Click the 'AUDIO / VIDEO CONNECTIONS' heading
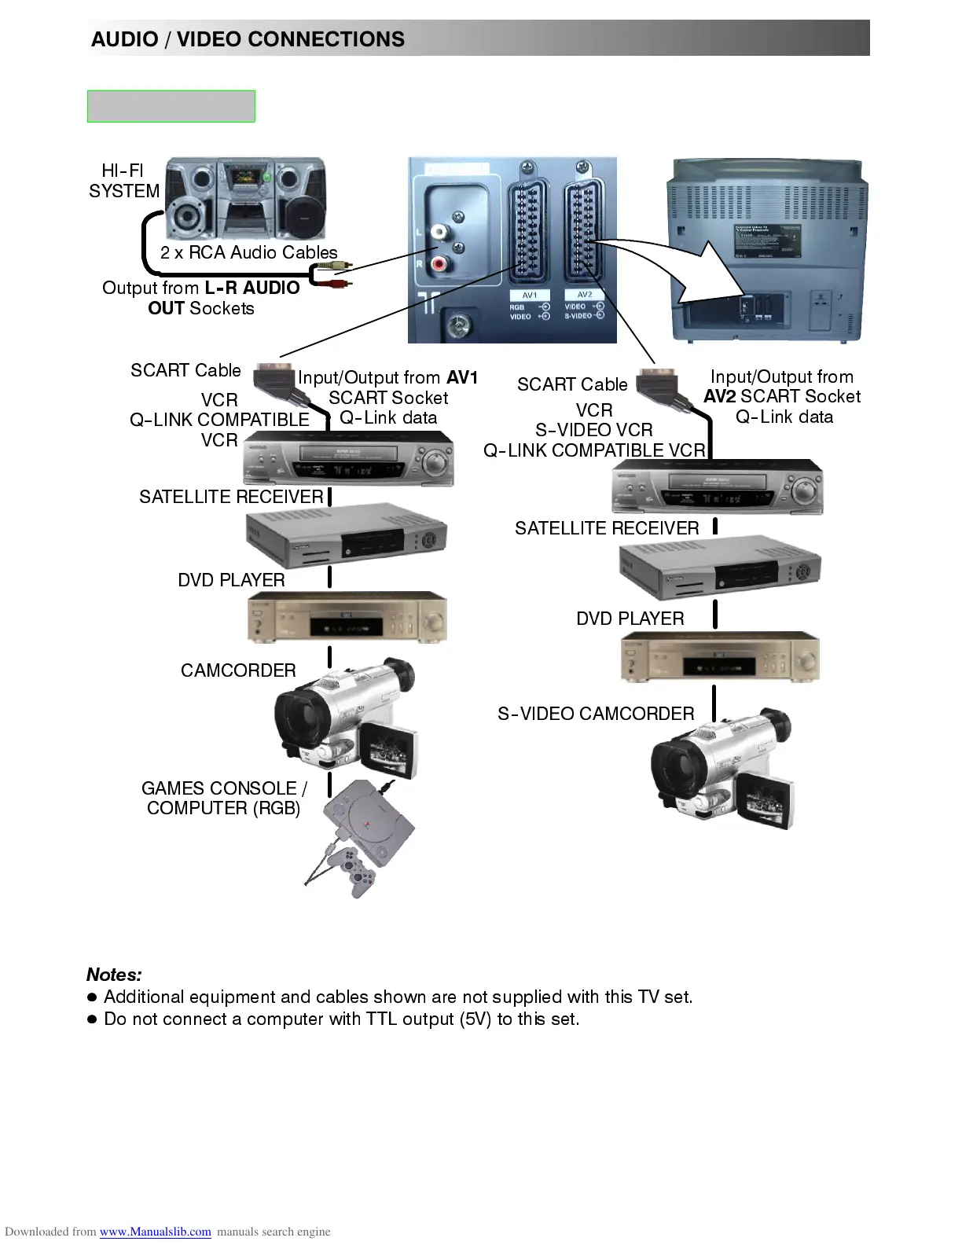click(x=248, y=39)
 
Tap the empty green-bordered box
click(x=171, y=106)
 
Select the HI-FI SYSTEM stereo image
click(x=246, y=199)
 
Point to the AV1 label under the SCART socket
click(x=530, y=295)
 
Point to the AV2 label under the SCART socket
click(x=584, y=295)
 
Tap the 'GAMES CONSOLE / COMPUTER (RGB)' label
click(x=224, y=798)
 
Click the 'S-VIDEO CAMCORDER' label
click(x=596, y=714)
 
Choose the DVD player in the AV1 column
click(x=347, y=617)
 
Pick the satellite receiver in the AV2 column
click(x=720, y=567)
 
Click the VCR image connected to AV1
click(x=349, y=460)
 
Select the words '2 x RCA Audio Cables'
click(x=248, y=252)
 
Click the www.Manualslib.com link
click(x=155, y=1232)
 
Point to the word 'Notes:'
click(x=114, y=975)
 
